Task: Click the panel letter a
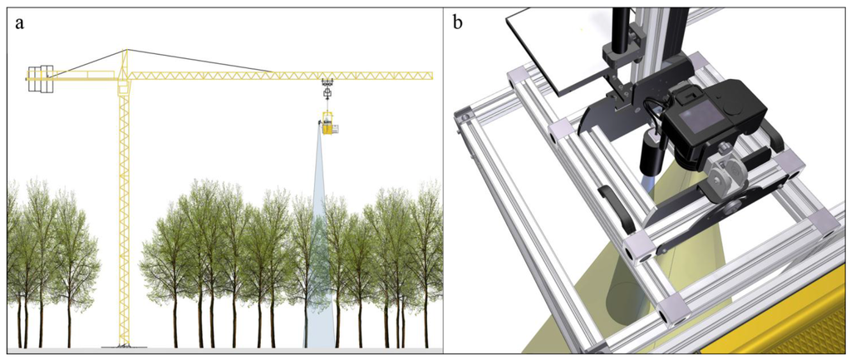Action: coord(19,23)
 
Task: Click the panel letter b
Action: coord(459,23)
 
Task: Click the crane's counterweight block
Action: coord(39,79)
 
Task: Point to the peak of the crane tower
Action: coord(125,51)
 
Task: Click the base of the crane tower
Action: coord(125,344)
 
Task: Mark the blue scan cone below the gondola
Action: coord(319,249)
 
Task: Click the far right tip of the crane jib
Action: coord(431,76)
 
